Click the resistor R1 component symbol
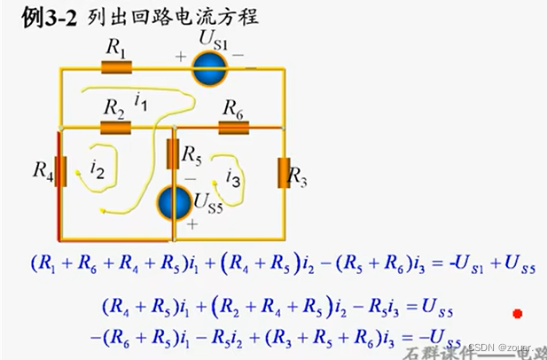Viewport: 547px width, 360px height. (116, 67)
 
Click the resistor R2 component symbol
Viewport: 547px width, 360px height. (116, 127)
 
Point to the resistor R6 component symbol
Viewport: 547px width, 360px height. (233, 127)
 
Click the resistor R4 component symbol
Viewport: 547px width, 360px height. (60, 171)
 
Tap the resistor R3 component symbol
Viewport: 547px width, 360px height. (285, 174)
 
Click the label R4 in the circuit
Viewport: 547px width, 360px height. (42, 168)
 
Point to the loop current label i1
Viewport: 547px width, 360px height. (140, 103)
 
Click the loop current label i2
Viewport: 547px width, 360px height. (98, 168)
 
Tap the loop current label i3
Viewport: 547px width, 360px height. (233, 177)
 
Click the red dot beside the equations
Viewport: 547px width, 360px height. (517, 313)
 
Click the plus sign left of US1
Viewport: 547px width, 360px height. (181, 57)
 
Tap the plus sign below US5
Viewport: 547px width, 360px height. (191, 225)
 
